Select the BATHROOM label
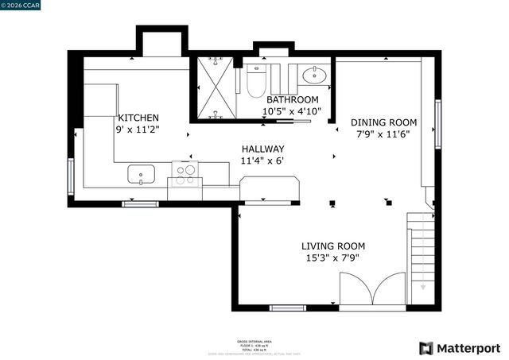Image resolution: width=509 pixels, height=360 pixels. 292,99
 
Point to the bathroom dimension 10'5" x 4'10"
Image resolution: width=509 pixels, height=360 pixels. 292,111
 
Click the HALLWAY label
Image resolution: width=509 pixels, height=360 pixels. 262,149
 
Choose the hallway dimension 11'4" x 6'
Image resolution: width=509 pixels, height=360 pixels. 262,161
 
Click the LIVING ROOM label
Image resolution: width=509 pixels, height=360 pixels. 333,246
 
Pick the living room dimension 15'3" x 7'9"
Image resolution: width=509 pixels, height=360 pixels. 333,258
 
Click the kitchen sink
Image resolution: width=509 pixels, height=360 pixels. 141,173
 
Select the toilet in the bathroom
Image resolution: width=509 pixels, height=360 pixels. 256,79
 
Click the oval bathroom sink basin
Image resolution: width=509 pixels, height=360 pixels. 314,76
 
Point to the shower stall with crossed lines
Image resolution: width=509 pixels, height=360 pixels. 214,87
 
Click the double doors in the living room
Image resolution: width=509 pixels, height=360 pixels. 372,288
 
